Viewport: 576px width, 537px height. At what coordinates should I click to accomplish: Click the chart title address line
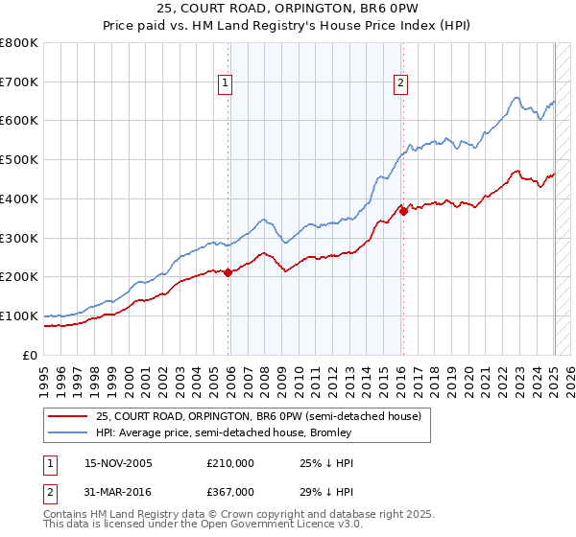point(288,11)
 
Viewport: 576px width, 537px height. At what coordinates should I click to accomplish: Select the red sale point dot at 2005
point(228,272)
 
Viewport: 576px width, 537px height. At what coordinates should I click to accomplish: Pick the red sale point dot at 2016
point(403,211)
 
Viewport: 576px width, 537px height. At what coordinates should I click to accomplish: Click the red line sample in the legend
point(68,416)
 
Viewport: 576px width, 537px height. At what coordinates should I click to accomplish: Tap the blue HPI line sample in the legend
point(68,432)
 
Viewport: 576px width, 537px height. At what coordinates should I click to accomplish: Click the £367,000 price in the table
point(230,491)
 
